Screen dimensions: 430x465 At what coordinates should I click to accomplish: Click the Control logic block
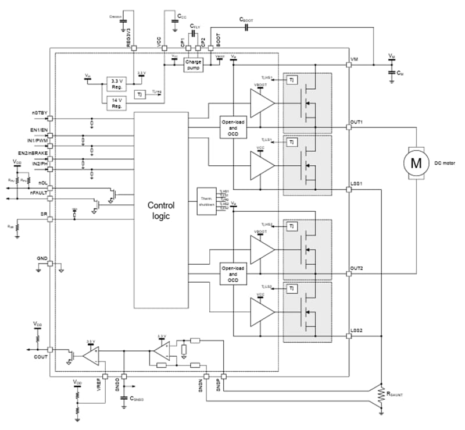pos(161,209)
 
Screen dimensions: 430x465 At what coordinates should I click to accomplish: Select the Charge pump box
pos(193,64)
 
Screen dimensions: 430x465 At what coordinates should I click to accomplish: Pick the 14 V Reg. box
pos(116,103)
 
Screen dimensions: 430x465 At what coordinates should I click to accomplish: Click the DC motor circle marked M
pos(416,163)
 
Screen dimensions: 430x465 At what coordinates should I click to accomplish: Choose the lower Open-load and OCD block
pos(233,273)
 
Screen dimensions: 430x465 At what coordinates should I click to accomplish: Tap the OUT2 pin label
pos(356,269)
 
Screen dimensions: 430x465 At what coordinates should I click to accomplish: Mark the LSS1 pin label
pos(356,184)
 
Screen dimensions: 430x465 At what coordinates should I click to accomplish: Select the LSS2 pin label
pos(356,331)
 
